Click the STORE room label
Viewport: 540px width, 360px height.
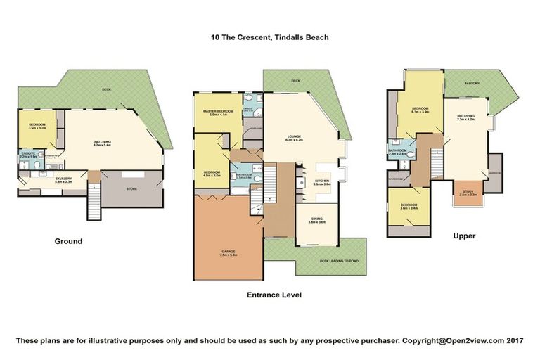pos(131,188)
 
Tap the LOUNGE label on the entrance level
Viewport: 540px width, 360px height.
pos(294,138)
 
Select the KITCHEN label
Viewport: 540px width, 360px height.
pos(321,181)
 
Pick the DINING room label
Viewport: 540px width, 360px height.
pos(316,219)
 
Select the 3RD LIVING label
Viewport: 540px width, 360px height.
pos(466,117)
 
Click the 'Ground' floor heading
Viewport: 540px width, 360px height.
pos(68,241)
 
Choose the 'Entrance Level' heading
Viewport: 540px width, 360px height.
pos(275,295)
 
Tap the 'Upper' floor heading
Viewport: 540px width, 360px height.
pos(465,236)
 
